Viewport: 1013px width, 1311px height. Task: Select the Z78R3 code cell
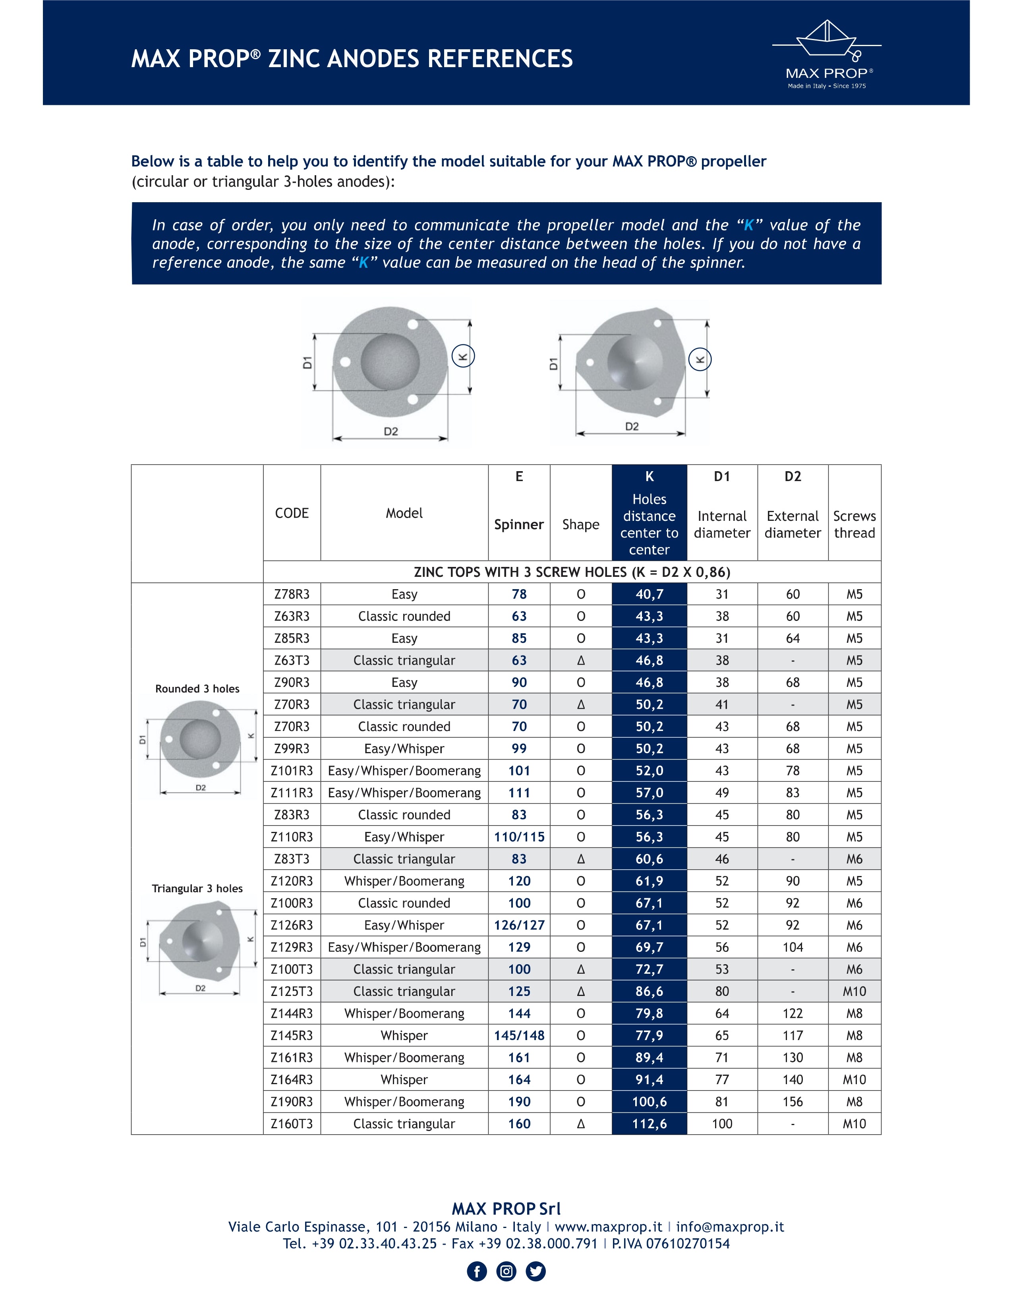coord(292,594)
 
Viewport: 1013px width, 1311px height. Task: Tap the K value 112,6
coord(650,1124)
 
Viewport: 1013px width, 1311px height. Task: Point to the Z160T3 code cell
coord(292,1124)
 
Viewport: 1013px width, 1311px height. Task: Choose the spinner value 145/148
coord(519,1035)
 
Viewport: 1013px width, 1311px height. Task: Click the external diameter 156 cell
coord(793,1102)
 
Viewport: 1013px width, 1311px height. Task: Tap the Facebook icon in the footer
coord(477,1271)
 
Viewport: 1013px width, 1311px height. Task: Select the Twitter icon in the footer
coord(536,1271)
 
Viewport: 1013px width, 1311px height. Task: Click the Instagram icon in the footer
coord(506,1271)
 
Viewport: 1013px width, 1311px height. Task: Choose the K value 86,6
coord(650,991)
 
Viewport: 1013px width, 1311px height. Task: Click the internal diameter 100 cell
coord(722,1124)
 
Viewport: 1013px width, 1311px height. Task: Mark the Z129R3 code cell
coord(292,947)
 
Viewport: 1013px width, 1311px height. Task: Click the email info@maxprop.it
coord(730,1227)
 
